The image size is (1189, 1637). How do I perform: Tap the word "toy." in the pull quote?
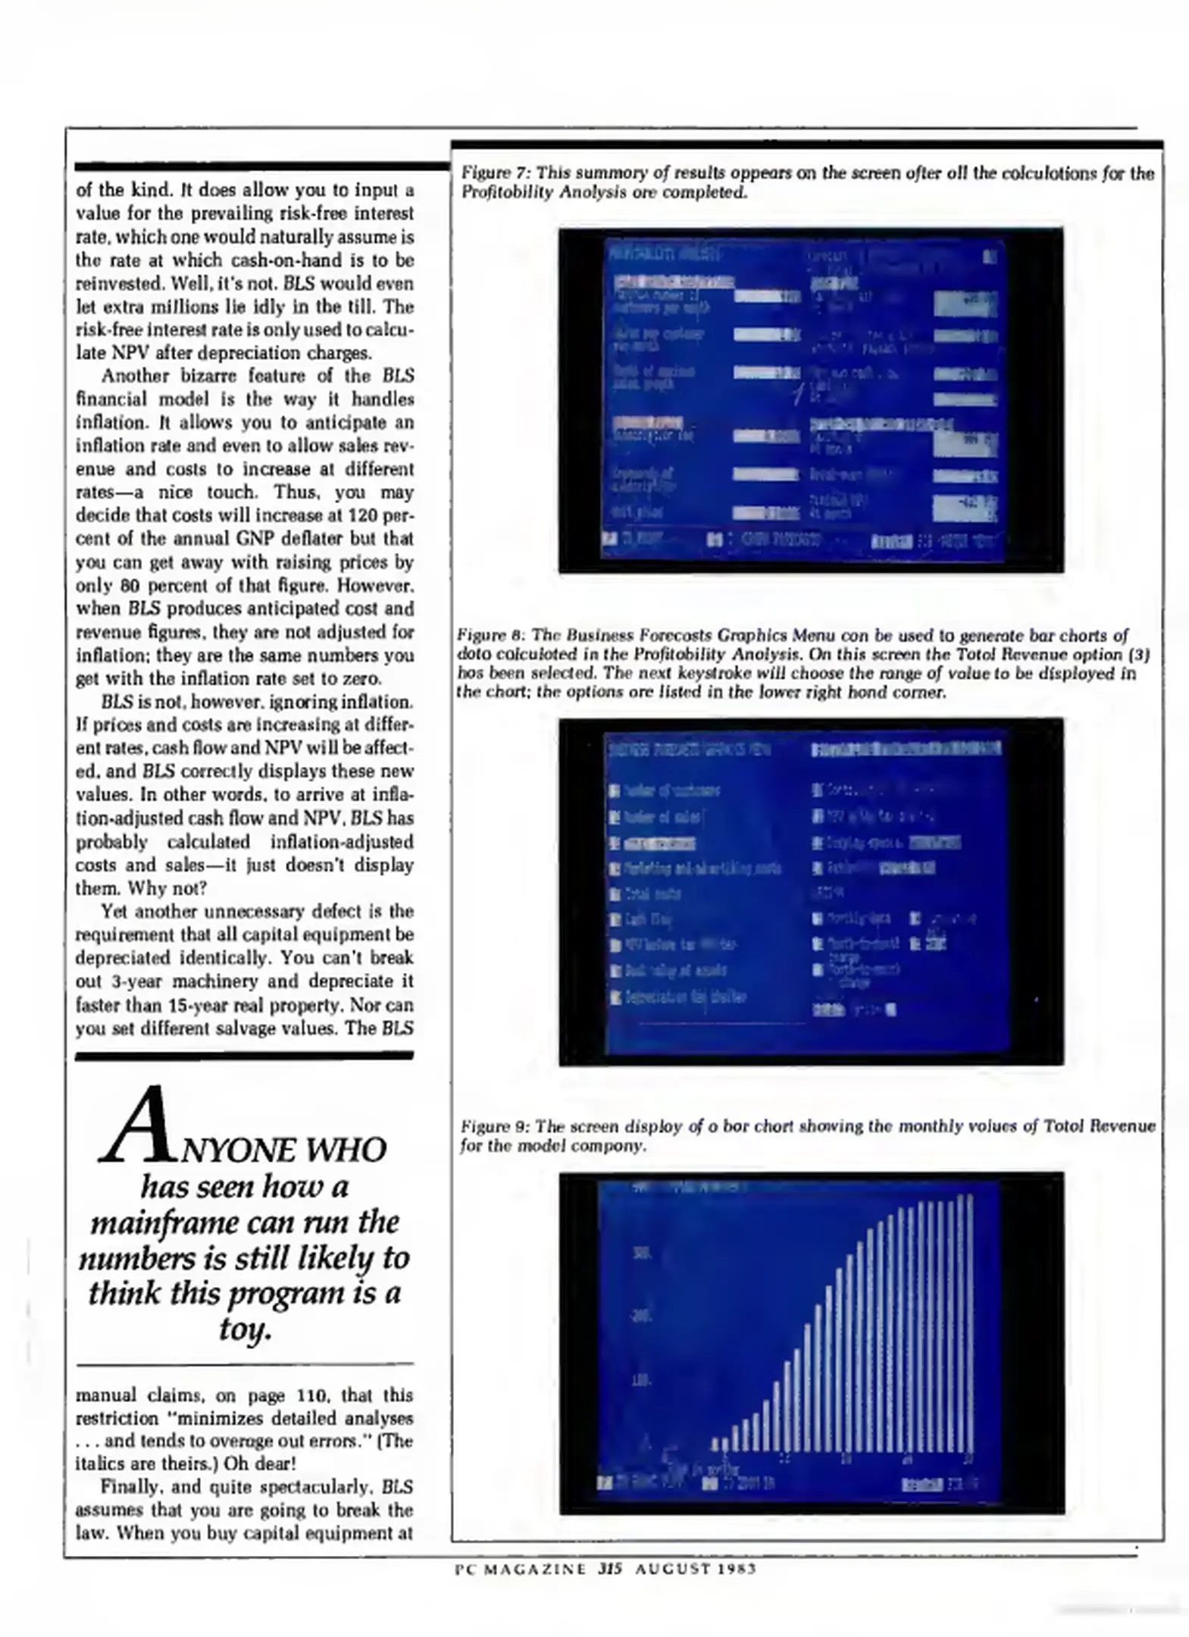point(245,1329)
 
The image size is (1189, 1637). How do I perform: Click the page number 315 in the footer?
point(609,1570)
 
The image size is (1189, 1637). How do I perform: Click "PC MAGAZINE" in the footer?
point(520,1570)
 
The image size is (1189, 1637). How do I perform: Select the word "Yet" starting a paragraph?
point(114,911)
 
